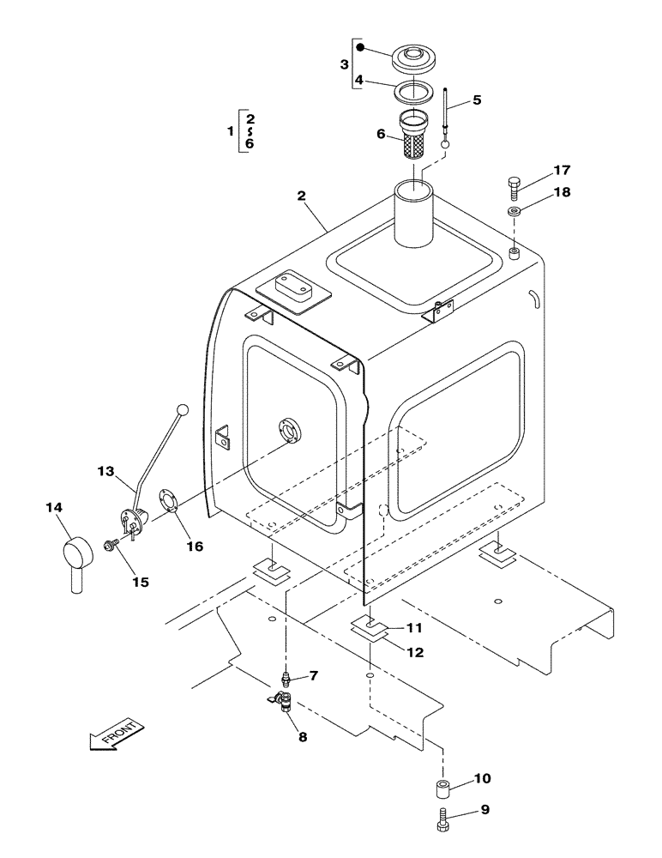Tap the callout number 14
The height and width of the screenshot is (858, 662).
pyautogui.click(x=53, y=509)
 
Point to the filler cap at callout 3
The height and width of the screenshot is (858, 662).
pyautogui.click(x=415, y=60)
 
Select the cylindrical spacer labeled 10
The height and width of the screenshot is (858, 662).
pyautogui.click(x=442, y=788)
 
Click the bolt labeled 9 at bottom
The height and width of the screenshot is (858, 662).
pyautogui.click(x=442, y=819)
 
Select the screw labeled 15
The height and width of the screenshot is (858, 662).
pyautogui.click(x=111, y=545)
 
